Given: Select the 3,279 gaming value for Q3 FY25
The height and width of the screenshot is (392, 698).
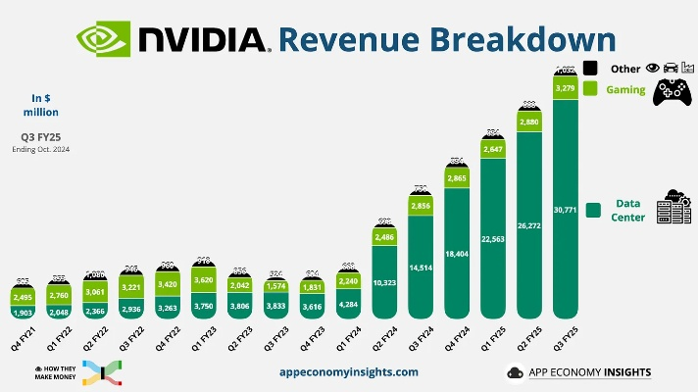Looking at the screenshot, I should click(565, 88).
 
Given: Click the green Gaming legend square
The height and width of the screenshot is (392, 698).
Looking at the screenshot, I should click(591, 89).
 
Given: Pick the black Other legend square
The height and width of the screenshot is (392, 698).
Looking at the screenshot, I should click(591, 68).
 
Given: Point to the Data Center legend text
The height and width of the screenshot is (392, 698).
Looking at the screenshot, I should click(628, 210).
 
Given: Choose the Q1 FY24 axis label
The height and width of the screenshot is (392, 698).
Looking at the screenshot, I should click(348, 339).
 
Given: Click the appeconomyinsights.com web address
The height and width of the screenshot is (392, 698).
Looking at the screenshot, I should click(348, 372).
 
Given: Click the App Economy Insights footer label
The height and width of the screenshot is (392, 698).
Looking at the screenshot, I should click(588, 372).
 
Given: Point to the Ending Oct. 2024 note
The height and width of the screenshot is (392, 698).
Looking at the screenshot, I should click(41, 149).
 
